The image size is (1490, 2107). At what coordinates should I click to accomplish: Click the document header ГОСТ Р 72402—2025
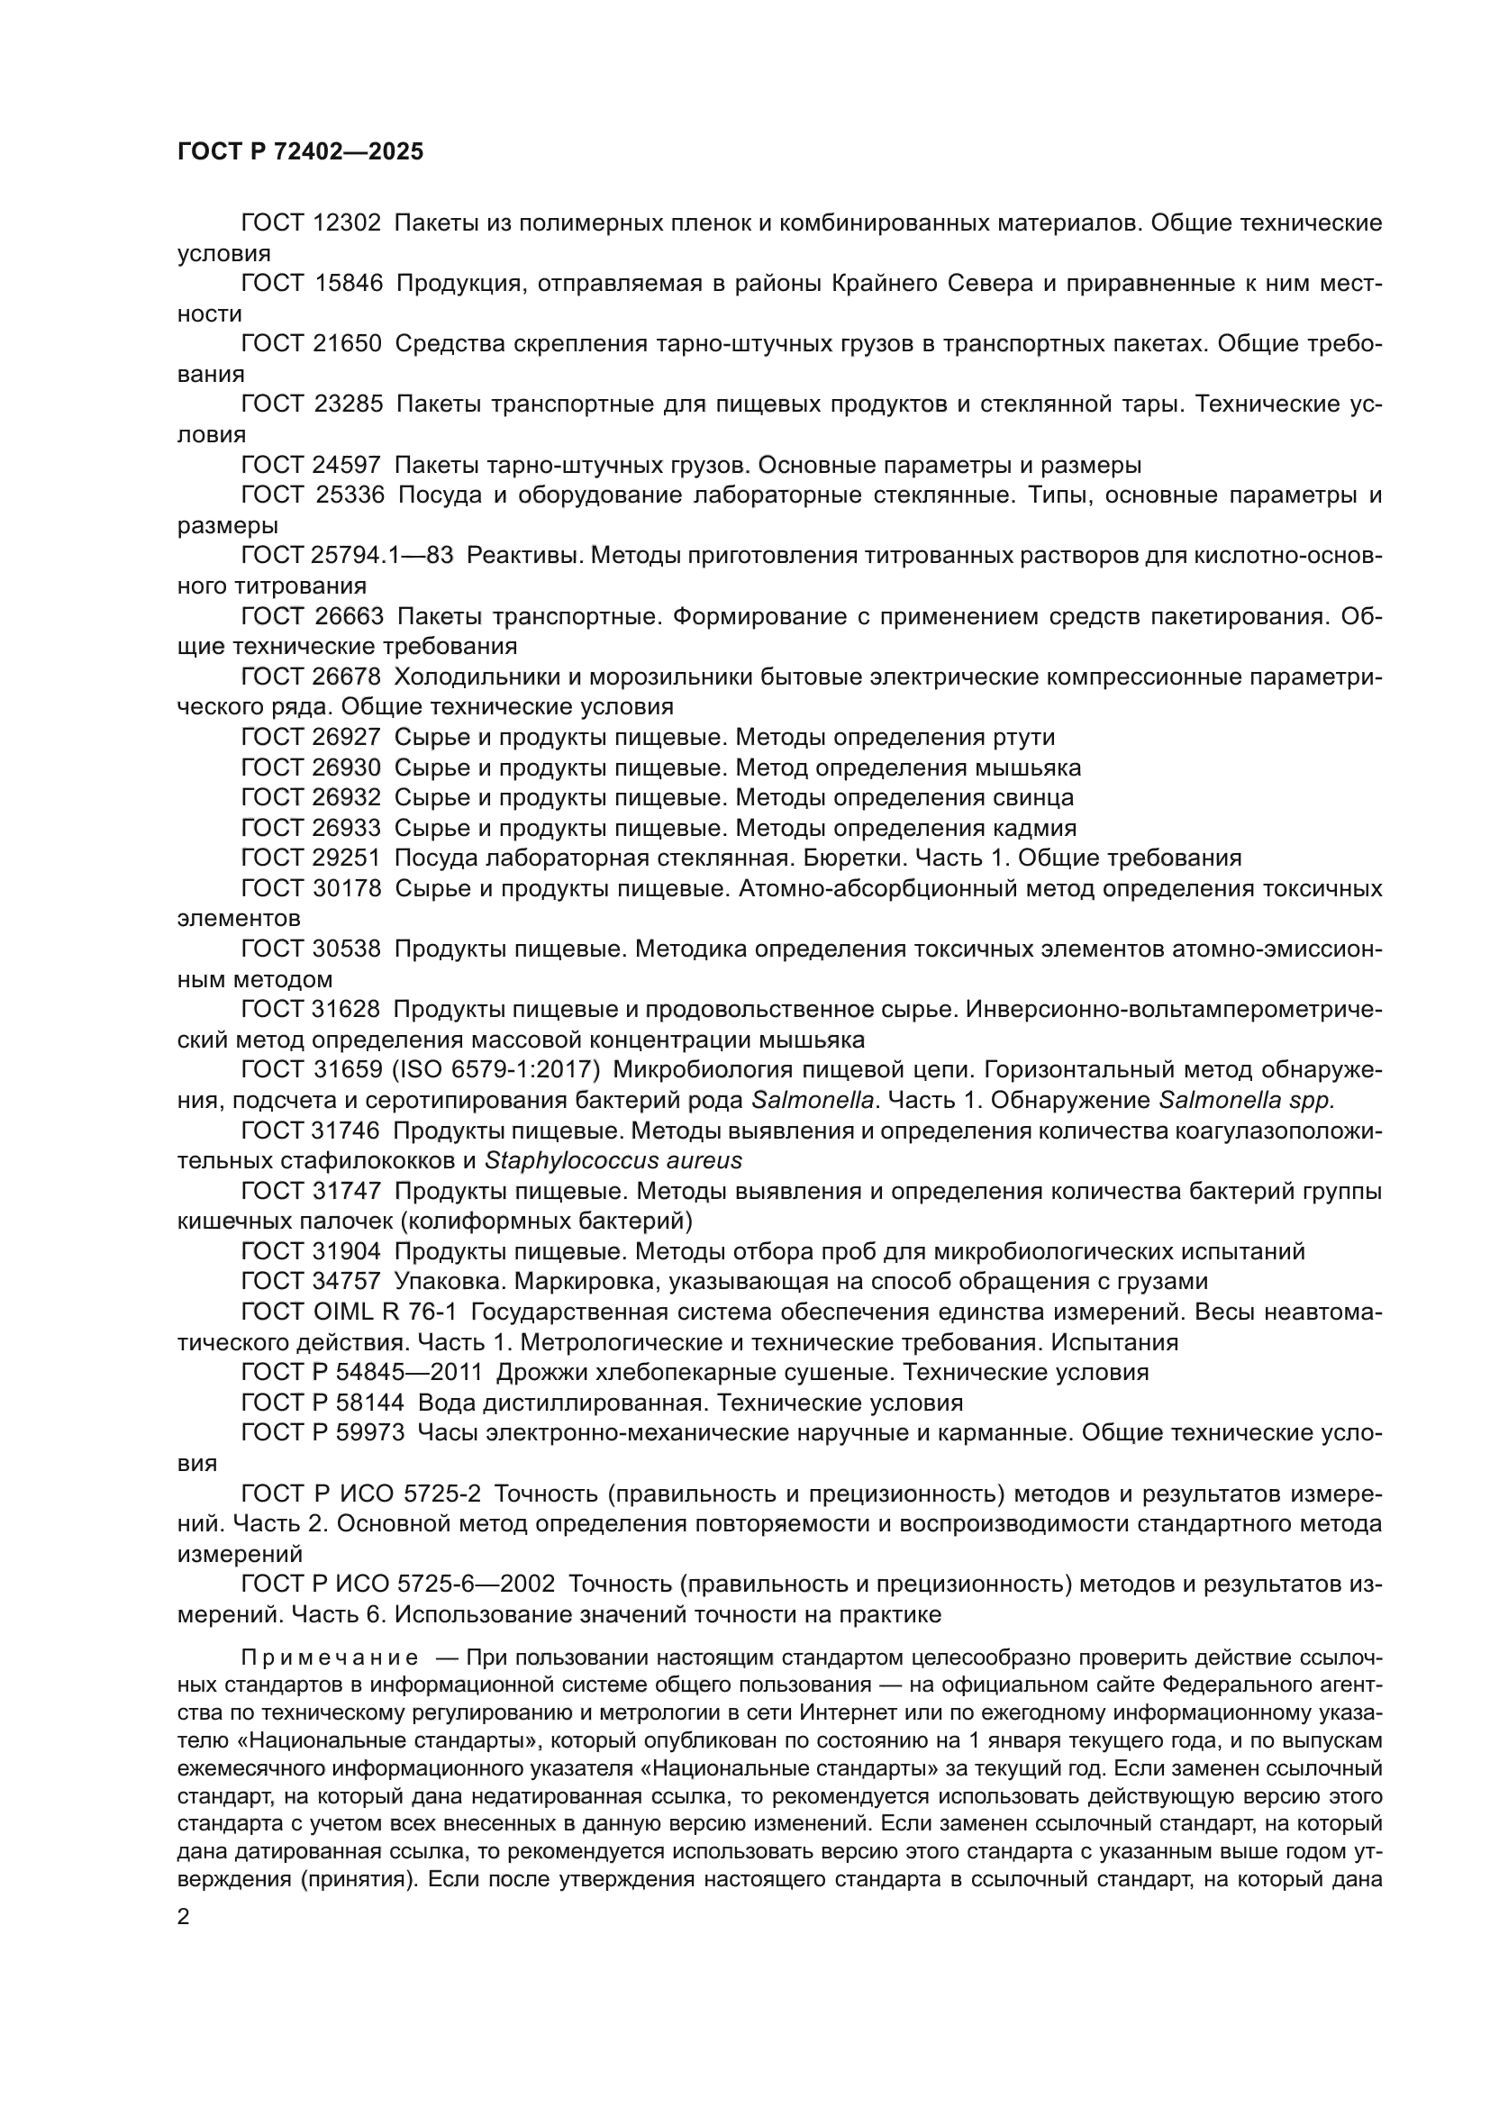tap(300, 152)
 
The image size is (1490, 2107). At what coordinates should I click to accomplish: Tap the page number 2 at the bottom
tap(184, 1917)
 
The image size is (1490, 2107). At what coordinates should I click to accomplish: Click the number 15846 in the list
tap(348, 284)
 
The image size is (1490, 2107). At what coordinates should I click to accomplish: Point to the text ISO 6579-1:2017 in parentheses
tap(496, 1069)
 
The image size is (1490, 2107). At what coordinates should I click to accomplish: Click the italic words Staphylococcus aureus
tap(613, 1161)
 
